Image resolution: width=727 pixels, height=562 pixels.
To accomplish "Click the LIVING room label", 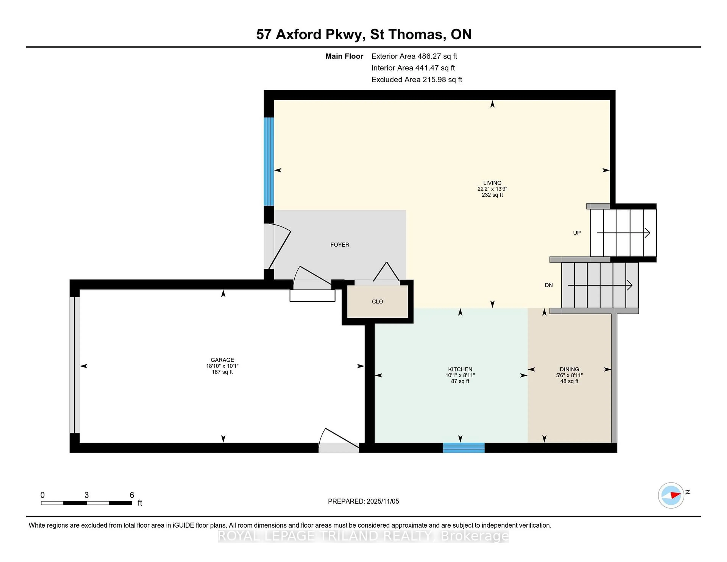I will (x=492, y=183).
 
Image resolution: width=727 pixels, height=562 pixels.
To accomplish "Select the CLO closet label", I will (x=377, y=302).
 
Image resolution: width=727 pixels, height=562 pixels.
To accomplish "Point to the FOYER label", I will (x=339, y=245).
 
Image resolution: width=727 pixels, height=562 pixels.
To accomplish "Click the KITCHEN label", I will (x=460, y=369).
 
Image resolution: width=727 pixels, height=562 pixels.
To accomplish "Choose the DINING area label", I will (x=569, y=369).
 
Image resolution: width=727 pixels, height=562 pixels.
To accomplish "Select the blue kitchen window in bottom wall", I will (x=463, y=448).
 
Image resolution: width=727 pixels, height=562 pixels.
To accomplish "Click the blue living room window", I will (x=269, y=162).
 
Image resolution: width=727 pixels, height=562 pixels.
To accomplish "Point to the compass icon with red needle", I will (x=671, y=495).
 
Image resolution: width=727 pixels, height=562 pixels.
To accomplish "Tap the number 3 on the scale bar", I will (x=87, y=495).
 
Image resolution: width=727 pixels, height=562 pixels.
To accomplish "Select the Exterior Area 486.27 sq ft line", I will (x=414, y=56).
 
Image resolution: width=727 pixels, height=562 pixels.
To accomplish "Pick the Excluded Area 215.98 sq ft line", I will (x=417, y=80).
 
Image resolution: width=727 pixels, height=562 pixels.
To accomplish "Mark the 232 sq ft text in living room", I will (x=492, y=195).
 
